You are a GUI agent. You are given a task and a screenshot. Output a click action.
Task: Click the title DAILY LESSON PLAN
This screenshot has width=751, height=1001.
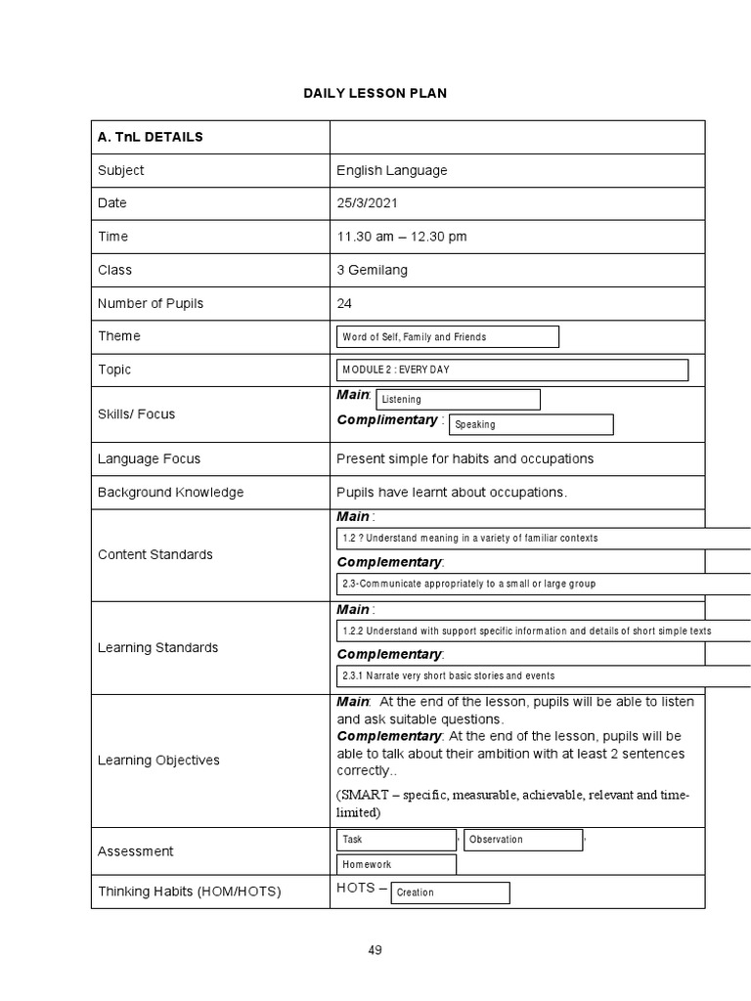pyautogui.click(x=375, y=93)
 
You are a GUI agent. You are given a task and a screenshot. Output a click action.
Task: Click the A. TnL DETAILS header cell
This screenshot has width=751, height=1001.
pyautogui.click(x=151, y=137)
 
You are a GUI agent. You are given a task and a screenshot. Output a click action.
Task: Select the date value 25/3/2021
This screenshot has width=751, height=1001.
pyautogui.click(x=368, y=203)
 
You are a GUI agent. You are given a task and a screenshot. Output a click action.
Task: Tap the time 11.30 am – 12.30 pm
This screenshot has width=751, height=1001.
pyautogui.click(x=402, y=237)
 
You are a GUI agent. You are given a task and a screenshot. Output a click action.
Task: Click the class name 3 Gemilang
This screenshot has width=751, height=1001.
pyautogui.click(x=372, y=270)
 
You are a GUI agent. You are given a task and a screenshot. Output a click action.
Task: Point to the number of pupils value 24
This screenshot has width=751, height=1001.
pyautogui.click(x=344, y=303)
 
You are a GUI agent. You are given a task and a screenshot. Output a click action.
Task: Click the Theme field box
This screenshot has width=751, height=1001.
pyautogui.click(x=447, y=337)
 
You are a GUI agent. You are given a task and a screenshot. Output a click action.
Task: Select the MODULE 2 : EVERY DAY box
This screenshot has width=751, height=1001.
pyautogui.click(x=511, y=370)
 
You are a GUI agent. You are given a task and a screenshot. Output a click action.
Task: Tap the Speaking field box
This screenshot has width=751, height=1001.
pyautogui.click(x=530, y=425)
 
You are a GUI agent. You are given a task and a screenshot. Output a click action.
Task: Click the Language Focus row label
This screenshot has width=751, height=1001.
pyautogui.click(x=149, y=458)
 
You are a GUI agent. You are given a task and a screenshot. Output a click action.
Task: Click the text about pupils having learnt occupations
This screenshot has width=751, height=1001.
pyautogui.click(x=452, y=492)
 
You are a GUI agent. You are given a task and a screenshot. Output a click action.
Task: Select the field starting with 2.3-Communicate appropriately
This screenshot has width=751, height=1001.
pyautogui.click(x=543, y=585)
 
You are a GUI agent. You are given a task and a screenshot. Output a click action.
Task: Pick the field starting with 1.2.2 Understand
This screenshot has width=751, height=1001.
pyautogui.click(x=543, y=631)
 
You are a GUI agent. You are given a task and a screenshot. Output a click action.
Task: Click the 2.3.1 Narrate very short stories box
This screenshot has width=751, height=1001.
pyautogui.click(x=543, y=676)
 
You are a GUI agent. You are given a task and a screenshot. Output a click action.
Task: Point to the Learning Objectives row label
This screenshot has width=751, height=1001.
pyautogui.click(x=158, y=761)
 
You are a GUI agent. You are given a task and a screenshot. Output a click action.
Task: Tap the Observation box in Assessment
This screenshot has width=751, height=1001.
pyautogui.click(x=523, y=840)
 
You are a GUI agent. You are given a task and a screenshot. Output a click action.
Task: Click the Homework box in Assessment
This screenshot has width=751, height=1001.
pyautogui.click(x=396, y=865)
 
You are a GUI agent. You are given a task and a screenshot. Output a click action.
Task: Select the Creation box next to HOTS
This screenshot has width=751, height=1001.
pyautogui.click(x=450, y=892)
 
